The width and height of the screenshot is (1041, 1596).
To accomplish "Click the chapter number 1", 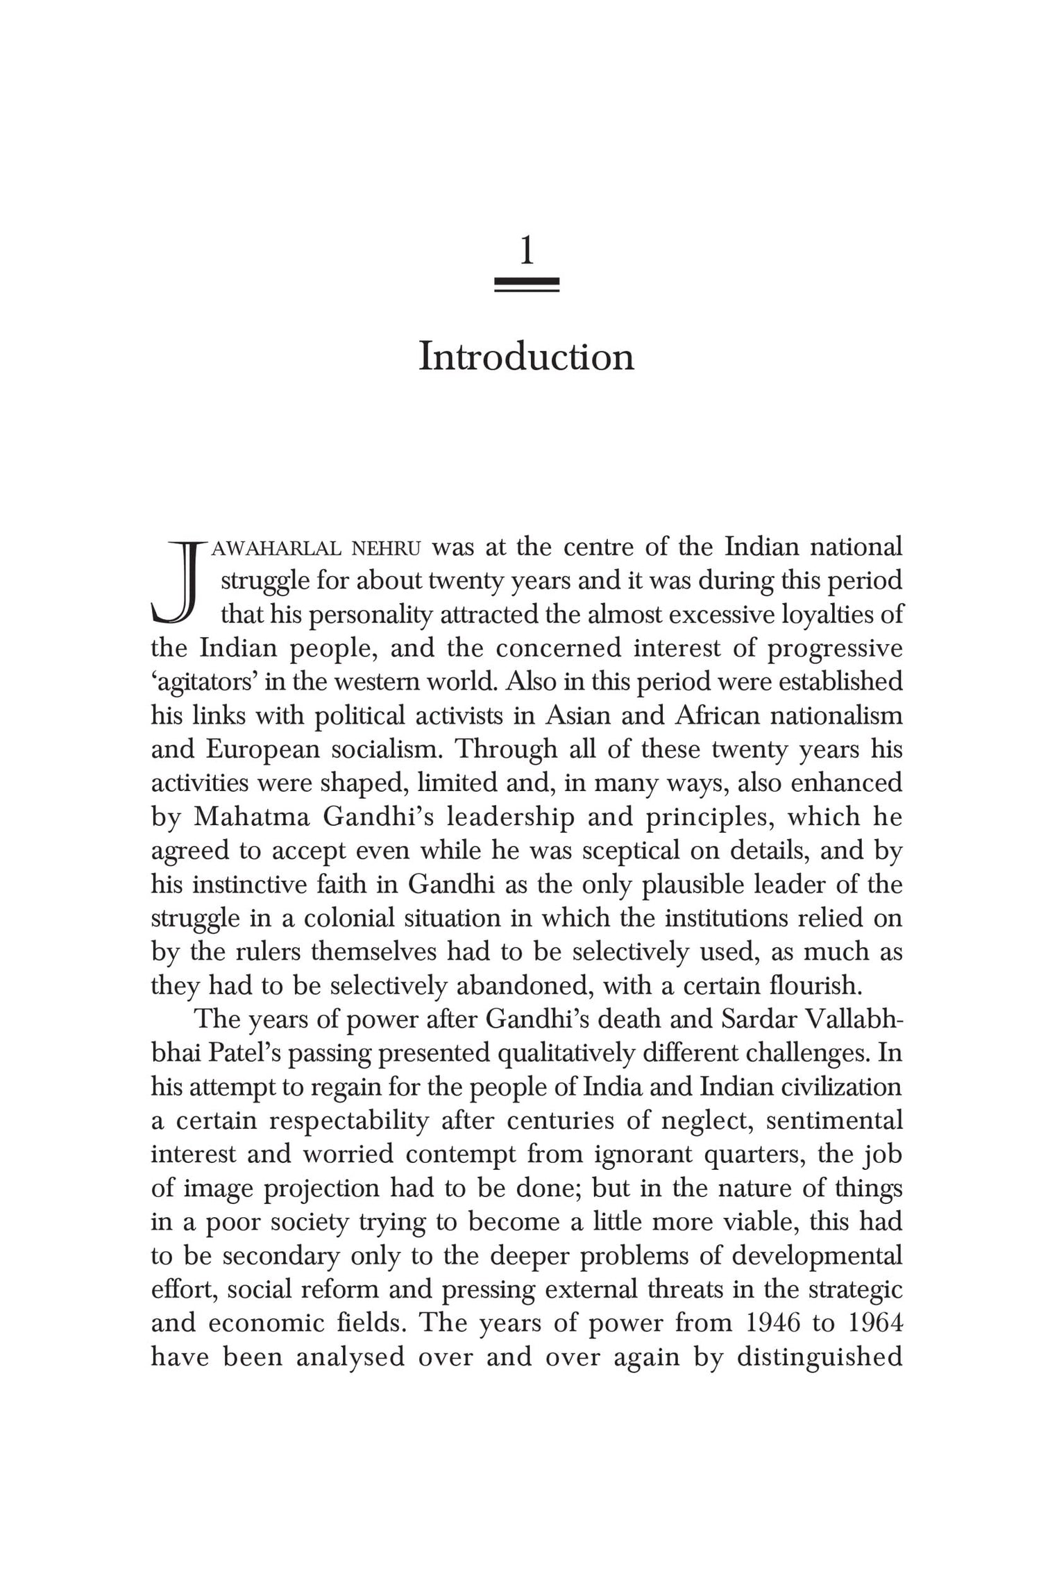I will (x=527, y=251).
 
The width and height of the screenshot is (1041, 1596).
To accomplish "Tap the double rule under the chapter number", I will (x=527, y=285).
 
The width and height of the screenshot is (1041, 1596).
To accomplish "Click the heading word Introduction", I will (x=527, y=357).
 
